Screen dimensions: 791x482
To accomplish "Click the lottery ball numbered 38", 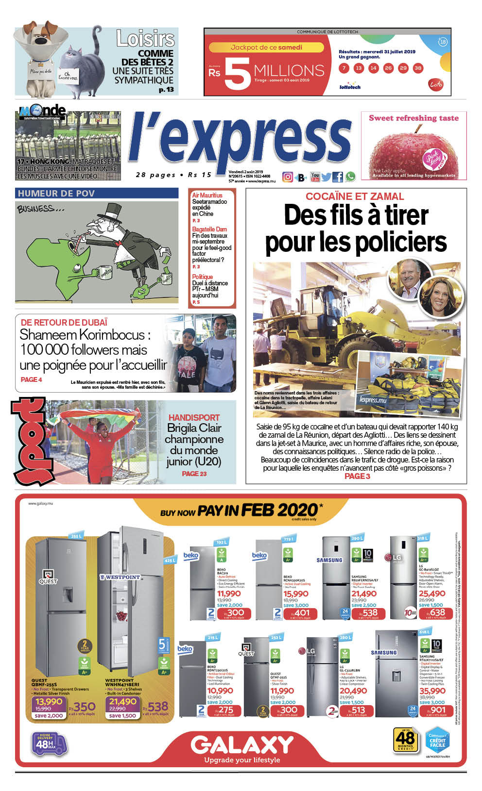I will [x=418, y=68].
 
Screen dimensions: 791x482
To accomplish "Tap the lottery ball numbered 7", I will [x=344, y=68].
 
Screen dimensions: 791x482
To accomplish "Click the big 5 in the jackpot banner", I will [x=238, y=74].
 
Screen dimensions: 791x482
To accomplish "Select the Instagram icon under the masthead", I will [x=288, y=177].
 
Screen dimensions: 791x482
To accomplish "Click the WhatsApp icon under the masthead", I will [x=350, y=177].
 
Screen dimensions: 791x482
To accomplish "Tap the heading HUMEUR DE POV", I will [x=56, y=194].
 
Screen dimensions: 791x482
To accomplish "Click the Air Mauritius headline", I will [x=207, y=195].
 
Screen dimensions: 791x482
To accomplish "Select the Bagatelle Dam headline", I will [x=209, y=229].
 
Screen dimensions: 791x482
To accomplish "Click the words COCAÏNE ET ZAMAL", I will [x=355, y=197].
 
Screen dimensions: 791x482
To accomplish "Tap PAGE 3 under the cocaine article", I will [x=357, y=476].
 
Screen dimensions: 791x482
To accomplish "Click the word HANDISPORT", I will [x=194, y=417].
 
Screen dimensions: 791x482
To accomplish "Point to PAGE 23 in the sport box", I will [x=194, y=474].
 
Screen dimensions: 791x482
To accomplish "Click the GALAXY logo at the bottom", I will [x=242, y=745].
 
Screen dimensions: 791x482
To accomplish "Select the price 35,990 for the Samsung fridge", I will [x=432, y=691].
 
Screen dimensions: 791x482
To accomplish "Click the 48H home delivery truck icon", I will [x=49, y=743].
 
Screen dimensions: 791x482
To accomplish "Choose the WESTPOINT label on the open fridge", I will [x=120, y=577].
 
